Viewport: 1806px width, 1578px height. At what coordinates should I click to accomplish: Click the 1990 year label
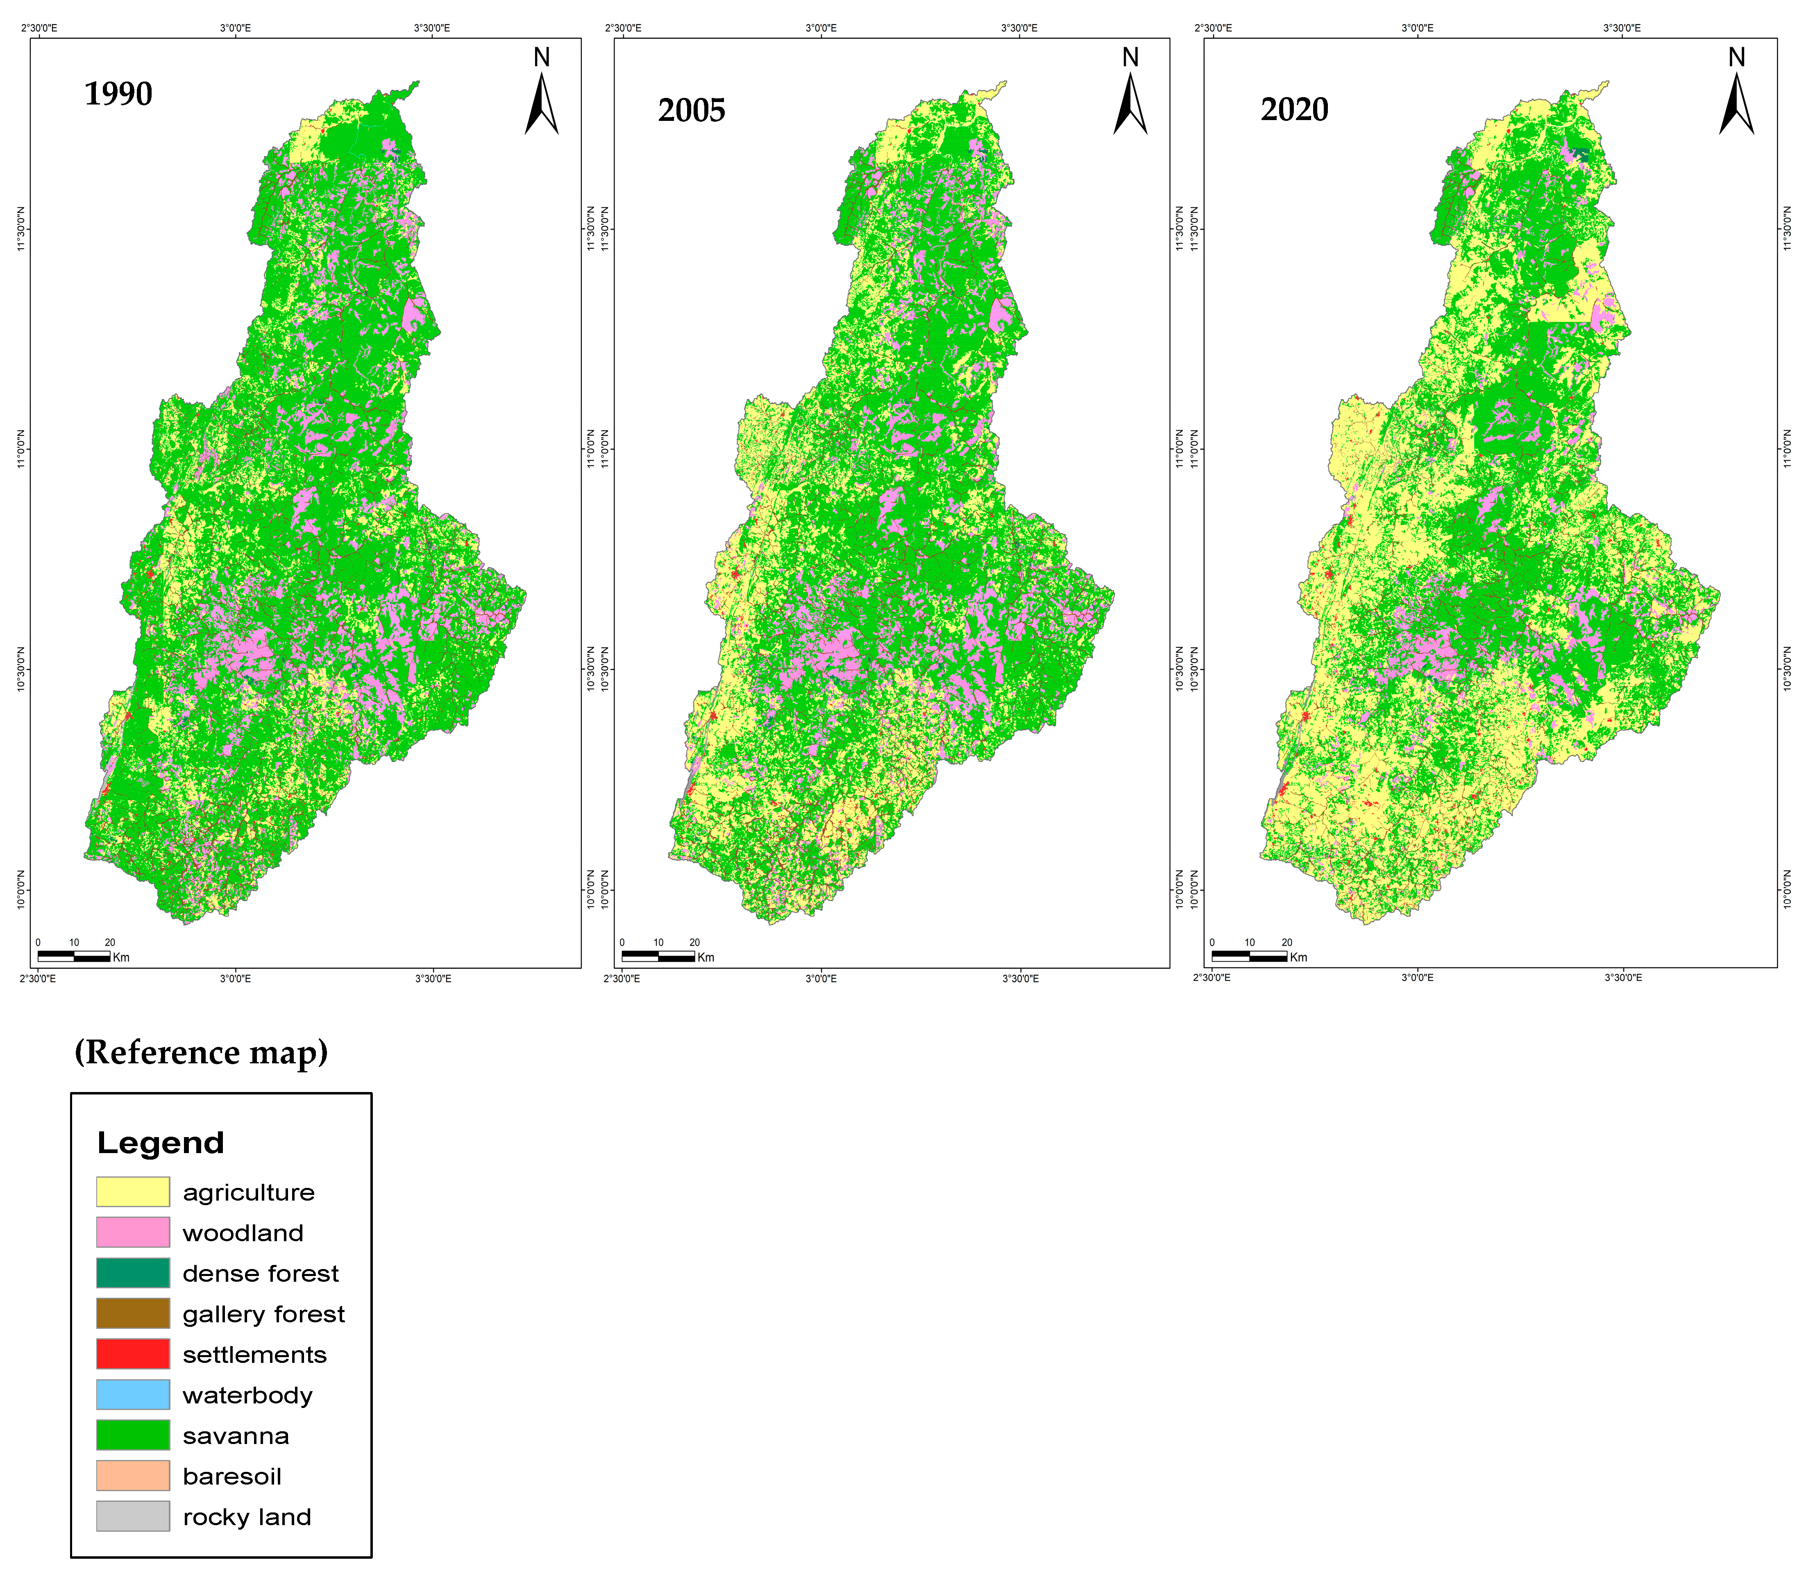pyautogui.click(x=118, y=93)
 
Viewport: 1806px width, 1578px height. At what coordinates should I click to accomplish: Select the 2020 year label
pyautogui.click(x=1294, y=109)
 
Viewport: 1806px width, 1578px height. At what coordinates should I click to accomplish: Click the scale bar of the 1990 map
pyautogui.click(x=74, y=955)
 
